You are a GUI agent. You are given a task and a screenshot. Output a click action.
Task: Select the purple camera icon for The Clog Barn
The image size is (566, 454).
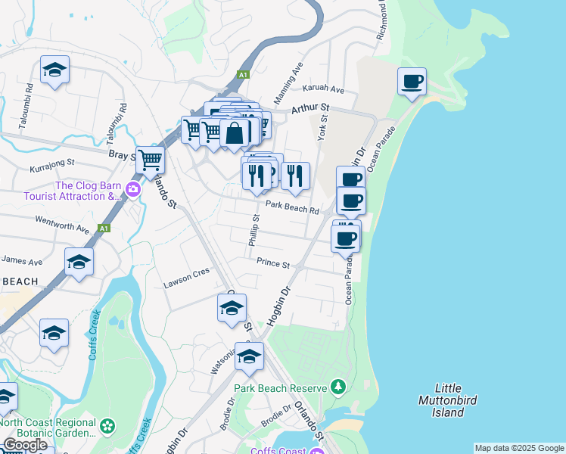pos(133,189)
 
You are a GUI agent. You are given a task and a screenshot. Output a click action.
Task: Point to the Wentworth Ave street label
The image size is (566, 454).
pos(62,223)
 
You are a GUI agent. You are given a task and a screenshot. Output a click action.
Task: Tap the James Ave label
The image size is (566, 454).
pos(21,261)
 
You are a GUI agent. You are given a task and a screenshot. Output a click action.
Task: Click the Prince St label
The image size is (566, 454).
pos(273,264)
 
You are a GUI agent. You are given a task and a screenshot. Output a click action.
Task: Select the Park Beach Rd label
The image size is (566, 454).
pos(291,210)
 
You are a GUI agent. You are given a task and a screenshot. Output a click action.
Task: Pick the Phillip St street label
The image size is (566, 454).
pos(254,229)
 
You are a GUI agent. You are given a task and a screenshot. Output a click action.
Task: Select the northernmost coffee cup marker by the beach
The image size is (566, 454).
pos(412,82)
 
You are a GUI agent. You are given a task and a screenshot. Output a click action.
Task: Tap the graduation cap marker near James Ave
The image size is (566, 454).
pos(79,262)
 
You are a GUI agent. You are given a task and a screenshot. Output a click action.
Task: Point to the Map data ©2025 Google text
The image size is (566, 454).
pos(519,448)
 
